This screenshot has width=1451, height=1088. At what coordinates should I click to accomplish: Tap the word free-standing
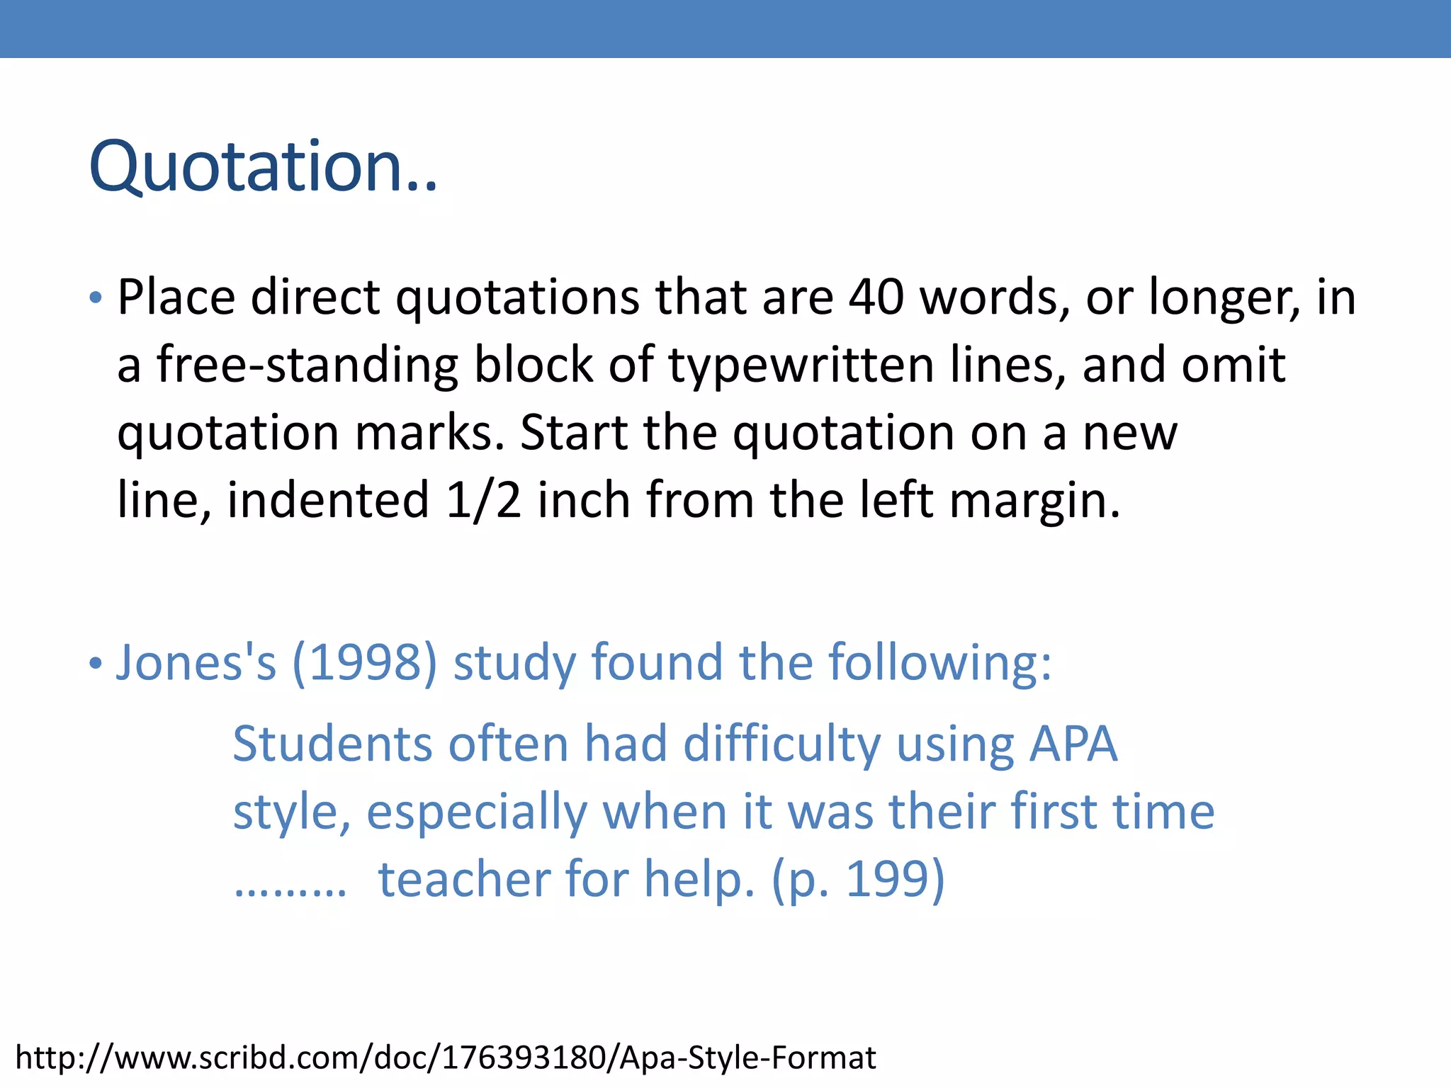click(x=307, y=364)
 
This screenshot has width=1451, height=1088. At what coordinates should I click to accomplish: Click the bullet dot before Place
click(x=96, y=297)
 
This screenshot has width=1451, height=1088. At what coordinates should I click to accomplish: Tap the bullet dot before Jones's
click(x=96, y=664)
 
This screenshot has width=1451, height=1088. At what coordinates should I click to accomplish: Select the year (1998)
click(x=365, y=663)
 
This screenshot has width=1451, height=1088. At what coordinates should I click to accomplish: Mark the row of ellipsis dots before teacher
click(x=290, y=890)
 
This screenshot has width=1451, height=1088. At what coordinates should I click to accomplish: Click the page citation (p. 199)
click(x=858, y=880)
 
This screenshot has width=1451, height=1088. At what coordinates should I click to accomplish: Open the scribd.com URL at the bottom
click(x=446, y=1058)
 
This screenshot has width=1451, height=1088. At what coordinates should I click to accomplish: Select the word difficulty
click(x=781, y=745)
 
